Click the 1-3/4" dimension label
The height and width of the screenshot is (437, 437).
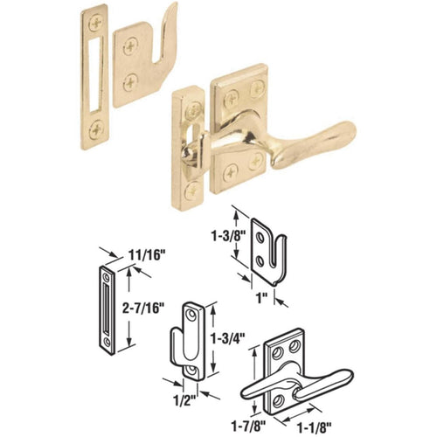tap(225, 335)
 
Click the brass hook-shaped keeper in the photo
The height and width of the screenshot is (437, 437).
tap(140, 66)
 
